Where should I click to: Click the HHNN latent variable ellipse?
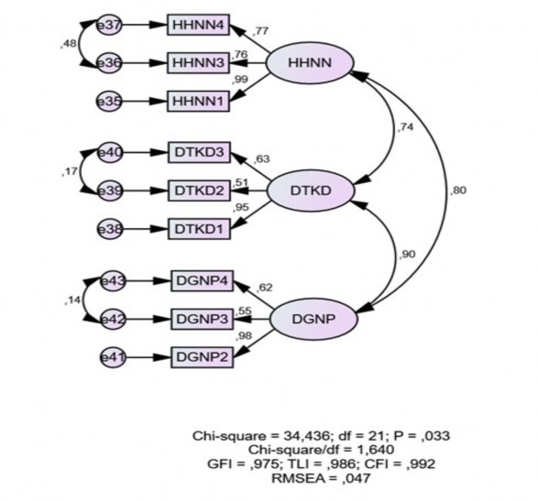tap(303, 63)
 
